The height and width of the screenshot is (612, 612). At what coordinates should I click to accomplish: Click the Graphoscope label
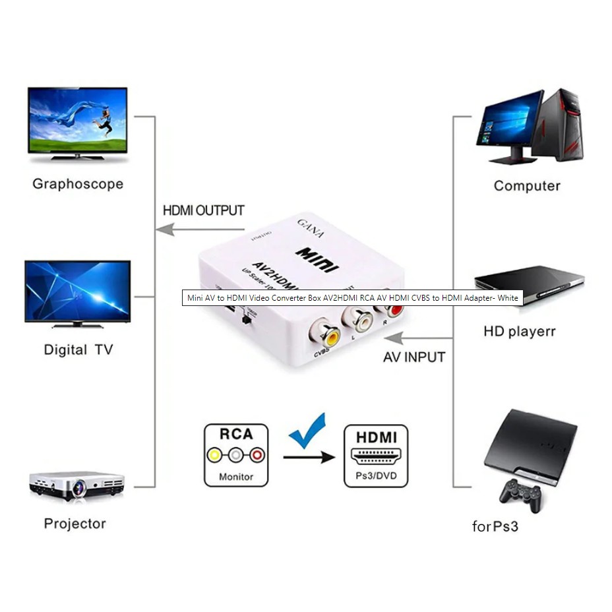click(x=78, y=184)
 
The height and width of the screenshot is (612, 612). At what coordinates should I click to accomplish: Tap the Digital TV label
click(x=78, y=350)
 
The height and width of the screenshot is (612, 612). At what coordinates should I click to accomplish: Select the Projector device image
click(x=77, y=486)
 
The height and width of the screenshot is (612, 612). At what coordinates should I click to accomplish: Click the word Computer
click(x=527, y=186)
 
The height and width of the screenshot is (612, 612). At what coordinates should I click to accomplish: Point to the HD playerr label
click(x=520, y=331)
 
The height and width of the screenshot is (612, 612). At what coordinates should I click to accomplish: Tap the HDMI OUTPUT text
click(x=204, y=211)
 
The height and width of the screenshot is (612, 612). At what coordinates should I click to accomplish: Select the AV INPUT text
click(x=414, y=357)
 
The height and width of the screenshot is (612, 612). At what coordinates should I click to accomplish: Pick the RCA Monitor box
click(x=236, y=455)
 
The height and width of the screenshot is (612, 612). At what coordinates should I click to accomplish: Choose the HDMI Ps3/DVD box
click(x=376, y=456)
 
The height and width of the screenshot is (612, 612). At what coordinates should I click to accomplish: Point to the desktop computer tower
click(x=563, y=125)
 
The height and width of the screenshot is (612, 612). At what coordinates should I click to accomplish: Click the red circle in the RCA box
click(x=257, y=455)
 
